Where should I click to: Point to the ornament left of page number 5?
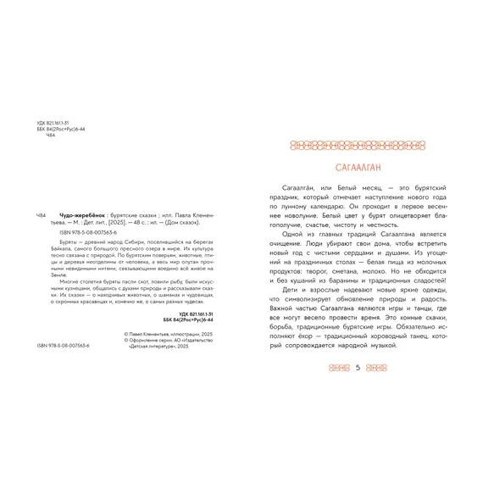338,368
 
